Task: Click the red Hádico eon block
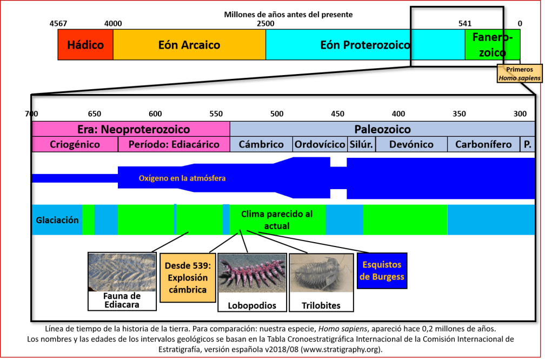point(85,44)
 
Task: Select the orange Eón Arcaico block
point(189,44)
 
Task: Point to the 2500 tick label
point(265,23)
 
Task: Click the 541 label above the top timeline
point(464,23)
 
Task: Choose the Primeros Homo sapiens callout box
point(519,74)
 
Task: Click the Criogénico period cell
point(75,144)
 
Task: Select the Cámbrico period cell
point(261,144)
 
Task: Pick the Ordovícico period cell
point(320,144)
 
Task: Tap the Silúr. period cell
point(361,144)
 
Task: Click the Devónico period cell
point(411,144)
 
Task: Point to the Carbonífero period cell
point(483,144)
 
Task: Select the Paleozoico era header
point(382,129)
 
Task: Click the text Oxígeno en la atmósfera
point(182,178)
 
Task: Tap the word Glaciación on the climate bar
point(57,220)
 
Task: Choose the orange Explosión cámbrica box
point(187,277)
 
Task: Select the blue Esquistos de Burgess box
point(382,271)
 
